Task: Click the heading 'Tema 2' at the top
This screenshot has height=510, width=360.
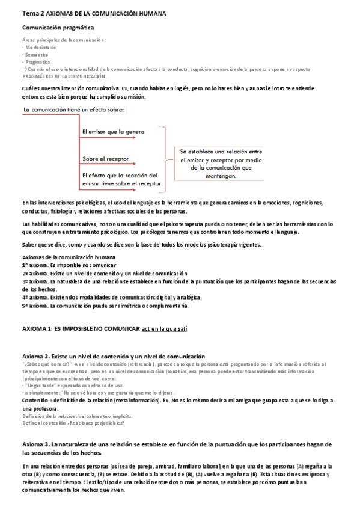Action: (32, 13)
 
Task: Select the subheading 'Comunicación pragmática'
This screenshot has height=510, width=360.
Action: (58, 28)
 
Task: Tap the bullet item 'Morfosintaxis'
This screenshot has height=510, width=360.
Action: (41, 46)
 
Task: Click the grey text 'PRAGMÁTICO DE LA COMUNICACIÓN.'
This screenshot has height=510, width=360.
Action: (64, 76)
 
